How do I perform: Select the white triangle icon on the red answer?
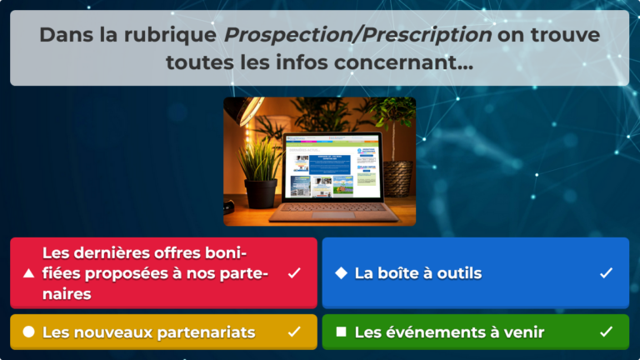point(28,273)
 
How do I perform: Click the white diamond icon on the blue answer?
point(341,273)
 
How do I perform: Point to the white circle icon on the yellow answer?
point(28,332)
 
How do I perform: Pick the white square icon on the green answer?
point(341,332)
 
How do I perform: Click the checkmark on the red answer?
point(293,273)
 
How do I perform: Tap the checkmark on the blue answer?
point(606,273)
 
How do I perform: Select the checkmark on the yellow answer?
point(293,332)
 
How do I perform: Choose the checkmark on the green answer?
point(606,332)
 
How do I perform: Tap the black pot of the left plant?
point(261,193)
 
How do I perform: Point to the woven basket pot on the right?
point(397,177)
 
